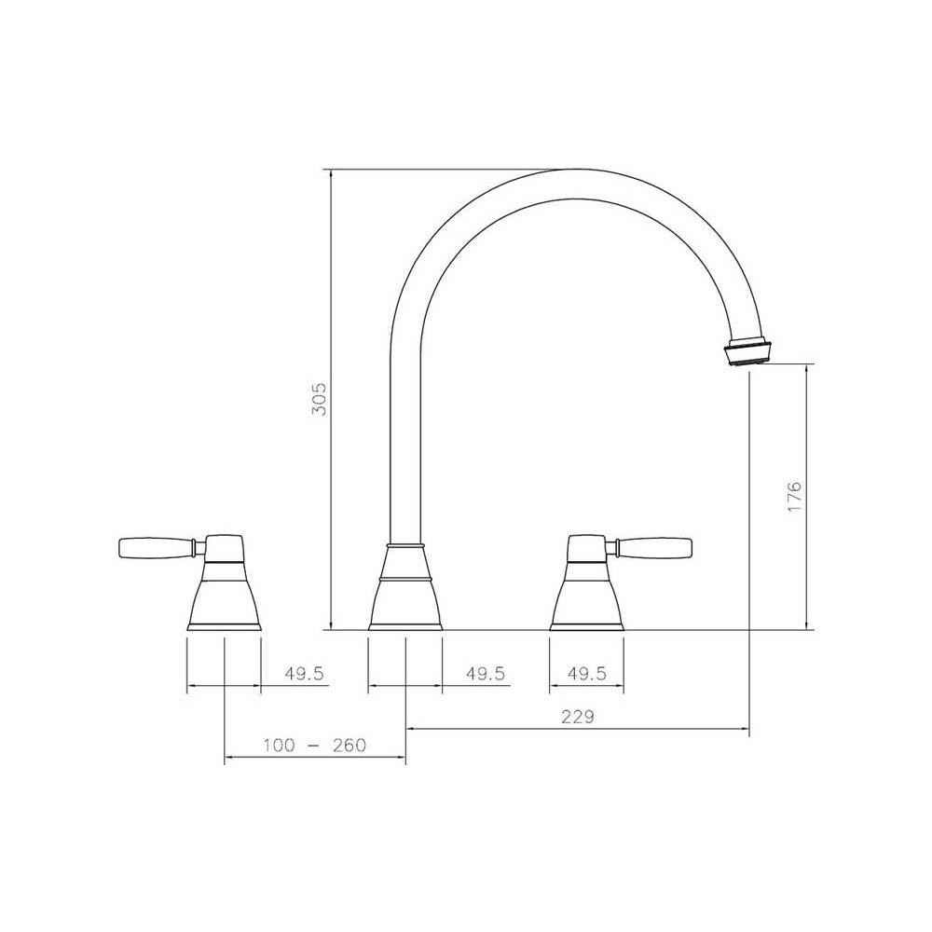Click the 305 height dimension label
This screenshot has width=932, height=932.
(x=318, y=398)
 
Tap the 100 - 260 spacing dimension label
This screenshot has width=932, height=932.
(x=315, y=746)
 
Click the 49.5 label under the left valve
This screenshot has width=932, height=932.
(x=304, y=674)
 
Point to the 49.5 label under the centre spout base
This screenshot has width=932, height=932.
(x=485, y=674)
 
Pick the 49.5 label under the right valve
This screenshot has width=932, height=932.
(x=587, y=674)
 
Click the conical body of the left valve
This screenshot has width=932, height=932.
(x=224, y=596)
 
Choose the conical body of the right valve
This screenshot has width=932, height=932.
(x=587, y=596)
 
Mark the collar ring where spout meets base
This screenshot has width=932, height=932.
(x=405, y=543)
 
